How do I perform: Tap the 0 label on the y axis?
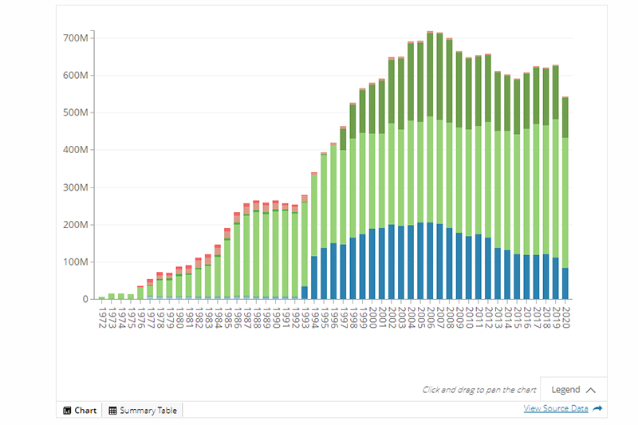(85, 299)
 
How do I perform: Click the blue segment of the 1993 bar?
(305, 293)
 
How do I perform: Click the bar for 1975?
(131, 297)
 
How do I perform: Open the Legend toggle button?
(573, 390)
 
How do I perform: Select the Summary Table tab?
(144, 411)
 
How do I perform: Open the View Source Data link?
(555, 408)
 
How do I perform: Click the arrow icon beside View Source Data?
(598, 408)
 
